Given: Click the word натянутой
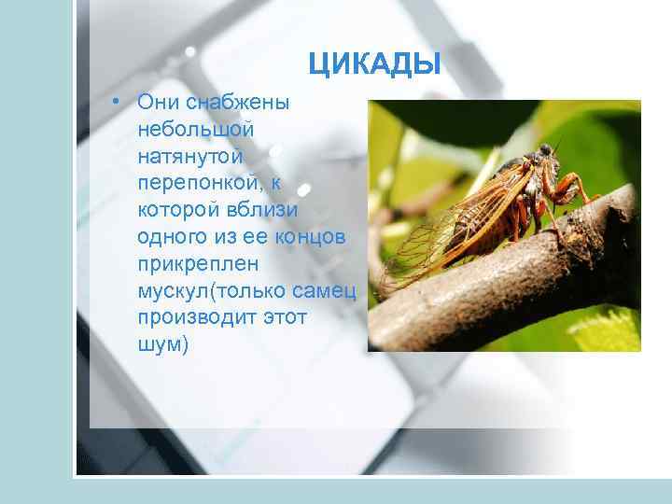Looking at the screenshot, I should click(194, 149).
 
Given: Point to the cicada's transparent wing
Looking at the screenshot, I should click(448, 219).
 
